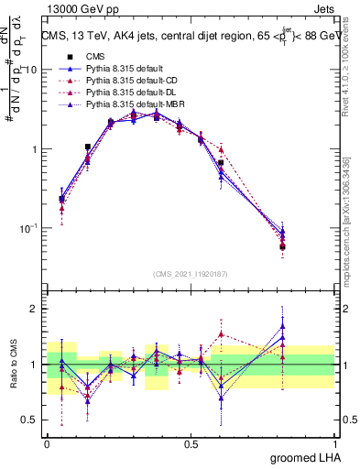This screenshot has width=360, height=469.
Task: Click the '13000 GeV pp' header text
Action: (78, 8)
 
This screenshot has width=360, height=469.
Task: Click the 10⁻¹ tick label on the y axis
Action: (27, 228)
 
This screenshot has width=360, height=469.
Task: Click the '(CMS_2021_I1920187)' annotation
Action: (191, 274)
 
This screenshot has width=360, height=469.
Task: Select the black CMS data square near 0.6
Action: (221, 163)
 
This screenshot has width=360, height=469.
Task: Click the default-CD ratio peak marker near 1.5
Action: (221, 334)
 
